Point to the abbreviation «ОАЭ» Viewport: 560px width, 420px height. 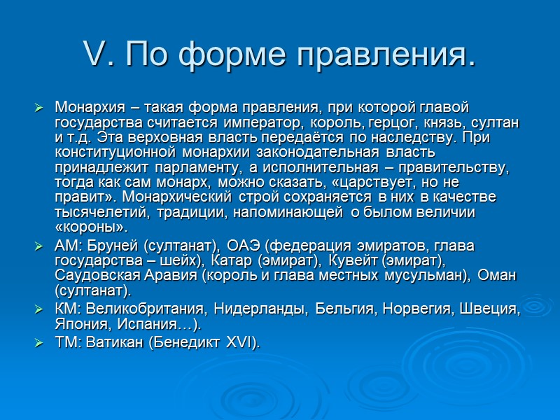pyautogui.click(x=244, y=246)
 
